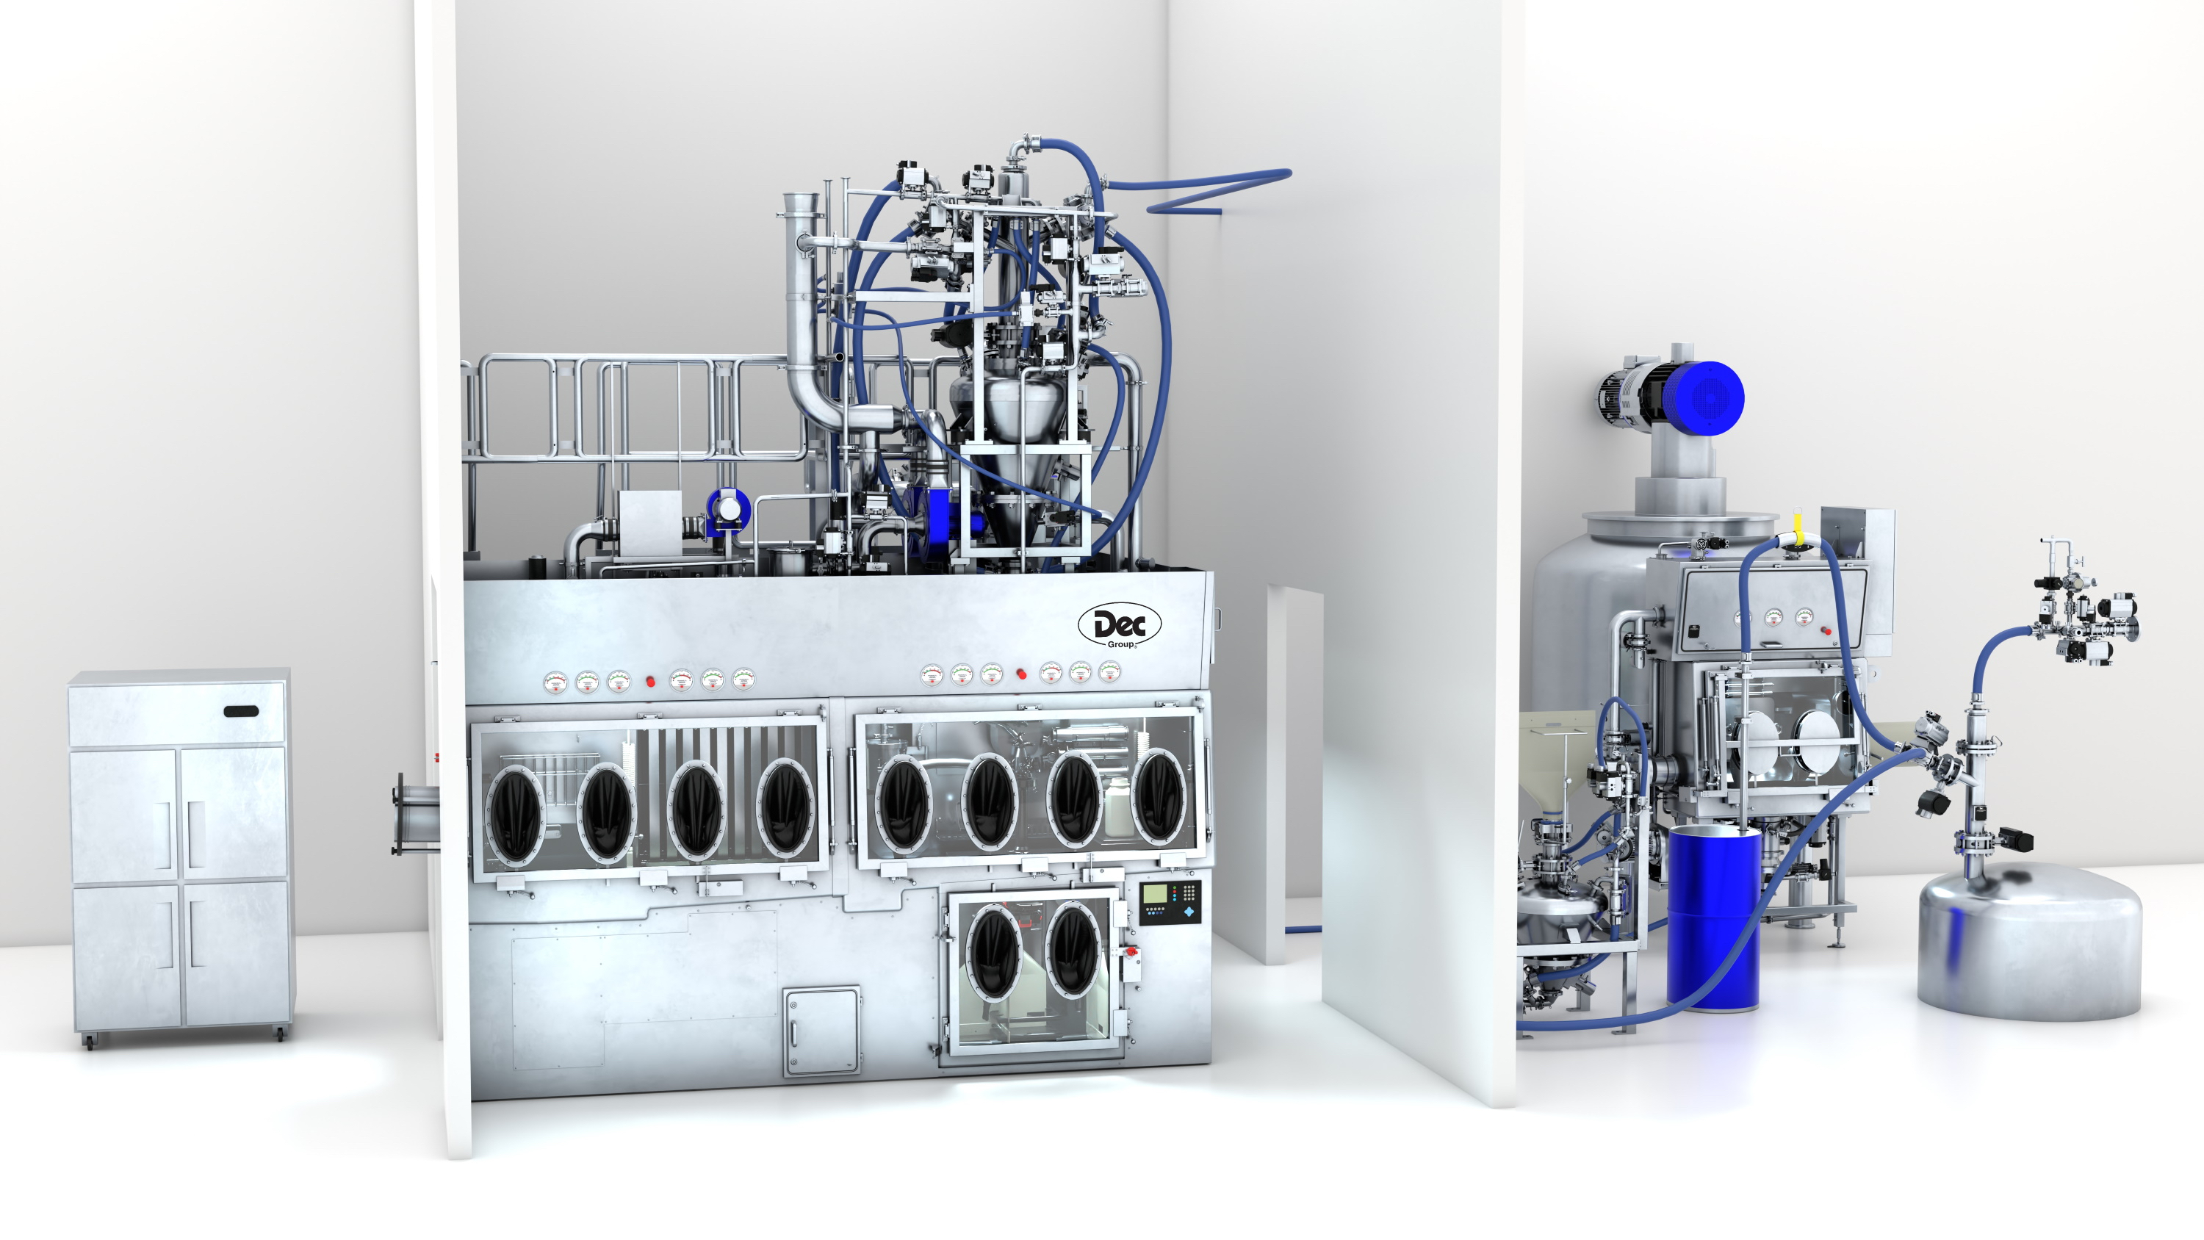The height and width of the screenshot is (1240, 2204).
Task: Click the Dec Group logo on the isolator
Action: [x=1119, y=626]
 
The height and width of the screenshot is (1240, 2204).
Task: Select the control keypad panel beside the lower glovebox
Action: [x=1170, y=902]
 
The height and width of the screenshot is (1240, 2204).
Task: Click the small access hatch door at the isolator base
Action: [x=821, y=1031]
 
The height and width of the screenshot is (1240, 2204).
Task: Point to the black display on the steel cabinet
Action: [x=241, y=710]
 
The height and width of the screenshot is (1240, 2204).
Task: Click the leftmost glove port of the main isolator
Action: [x=515, y=813]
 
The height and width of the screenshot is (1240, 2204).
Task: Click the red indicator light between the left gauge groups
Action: [x=650, y=681]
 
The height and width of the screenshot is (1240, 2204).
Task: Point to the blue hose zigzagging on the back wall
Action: [x=1215, y=192]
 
